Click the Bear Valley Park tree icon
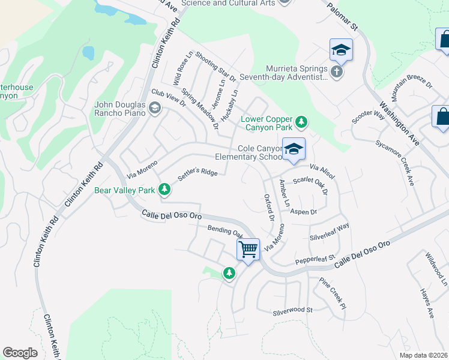(x=164, y=190)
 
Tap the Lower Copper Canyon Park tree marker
(x=301, y=124)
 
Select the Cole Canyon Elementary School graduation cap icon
(x=294, y=149)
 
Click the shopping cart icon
(x=248, y=248)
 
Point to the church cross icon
(x=337, y=73)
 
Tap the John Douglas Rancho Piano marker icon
(x=155, y=109)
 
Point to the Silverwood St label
(x=294, y=310)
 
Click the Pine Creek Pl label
(x=333, y=293)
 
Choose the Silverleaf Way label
(x=330, y=231)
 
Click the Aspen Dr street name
(x=303, y=212)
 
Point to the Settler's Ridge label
(x=197, y=175)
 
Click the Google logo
(x=20, y=353)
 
